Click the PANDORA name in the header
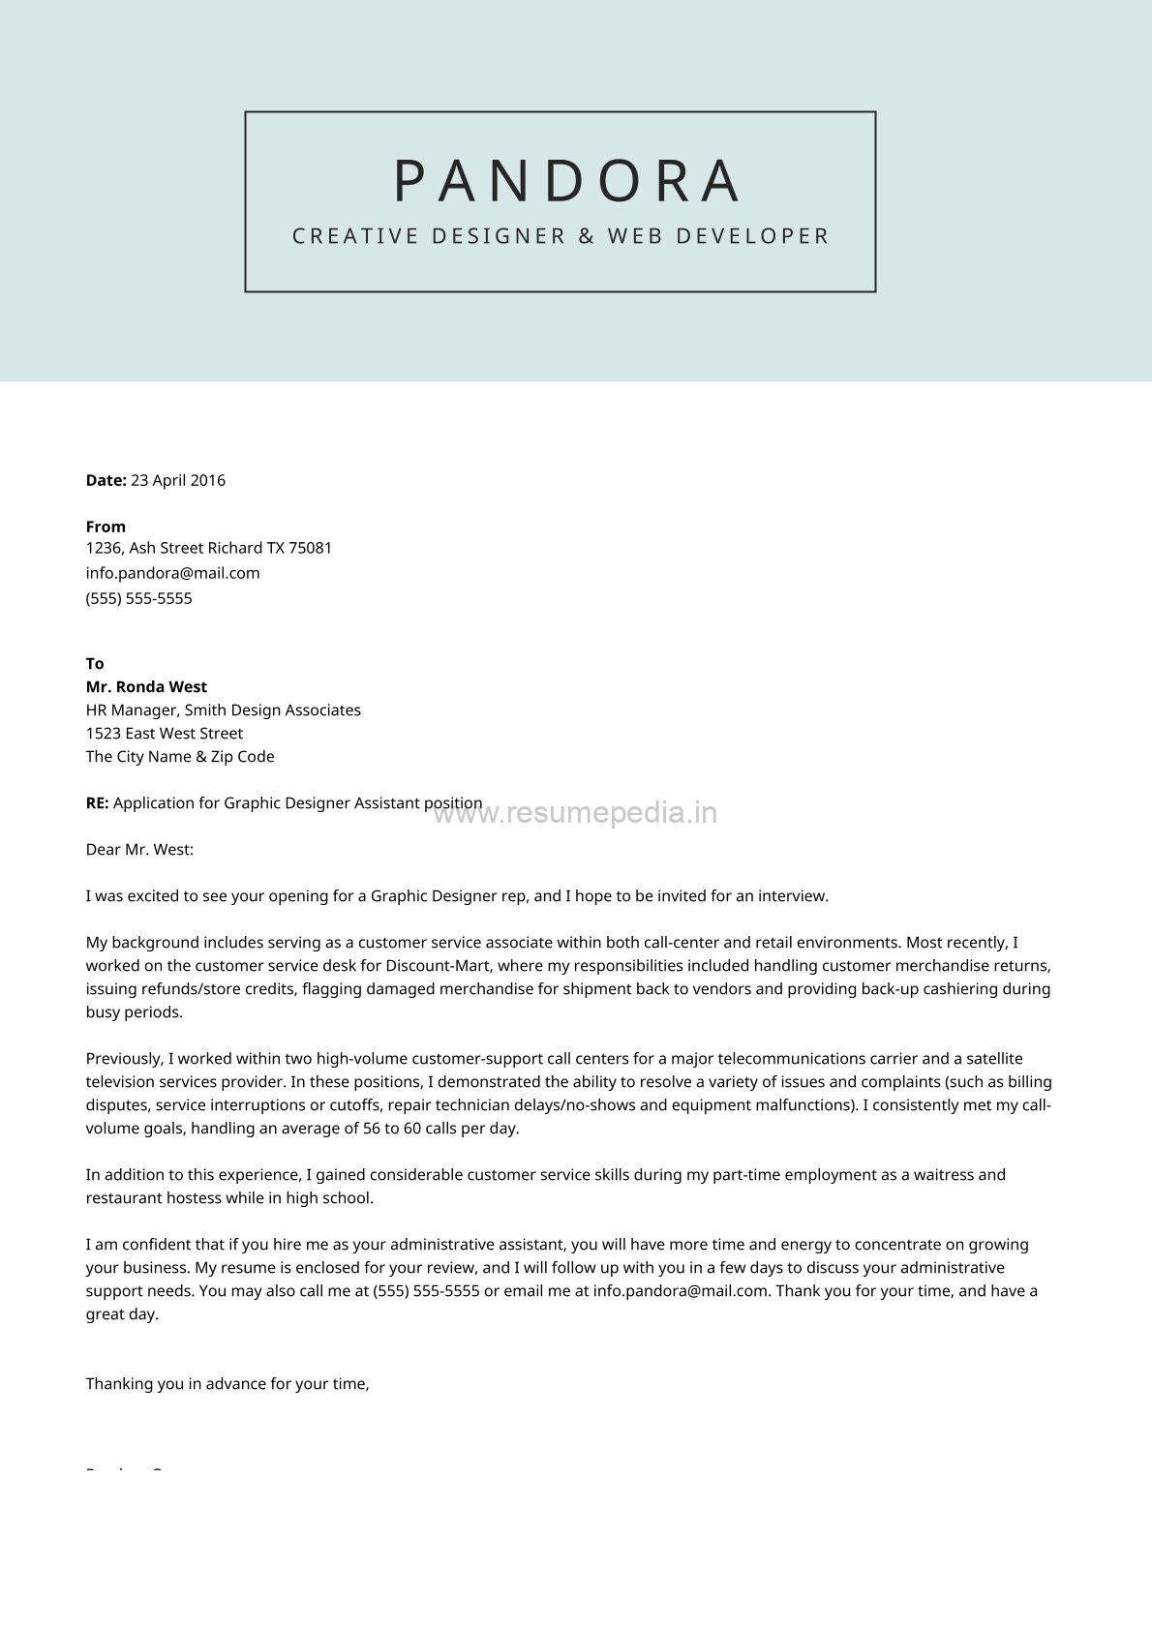click(568, 181)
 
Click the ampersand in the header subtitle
click(587, 236)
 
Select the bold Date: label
click(106, 480)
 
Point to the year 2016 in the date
click(207, 480)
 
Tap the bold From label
click(106, 527)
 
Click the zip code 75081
click(311, 548)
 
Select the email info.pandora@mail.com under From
click(172, 573)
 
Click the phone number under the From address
click(138, 598)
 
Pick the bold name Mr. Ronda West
click(146, 687)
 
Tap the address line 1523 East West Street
click(164, 734)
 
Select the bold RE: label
click(97, 803)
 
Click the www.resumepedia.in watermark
click(575, 813)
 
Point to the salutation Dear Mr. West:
click(139, 850)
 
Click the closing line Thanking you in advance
click(227, 1384)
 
